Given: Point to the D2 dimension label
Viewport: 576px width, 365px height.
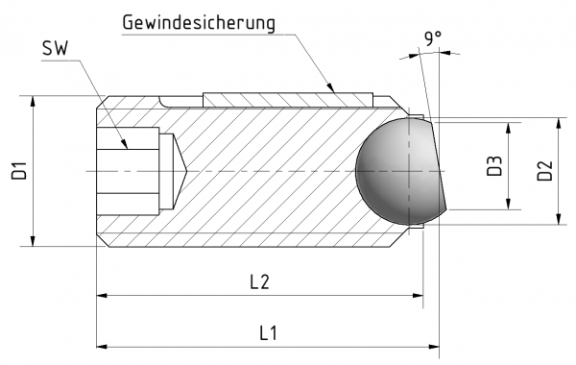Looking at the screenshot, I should [x=544, y=171].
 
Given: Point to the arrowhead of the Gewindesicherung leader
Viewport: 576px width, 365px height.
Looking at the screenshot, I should [x=335, y=89].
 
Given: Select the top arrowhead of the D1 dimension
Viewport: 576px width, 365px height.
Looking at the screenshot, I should [x=34, y=100].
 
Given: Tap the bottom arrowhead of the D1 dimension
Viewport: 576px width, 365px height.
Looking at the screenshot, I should [x=34, y=241].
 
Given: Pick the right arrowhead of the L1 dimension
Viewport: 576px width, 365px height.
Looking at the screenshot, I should [x=434, y=346].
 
